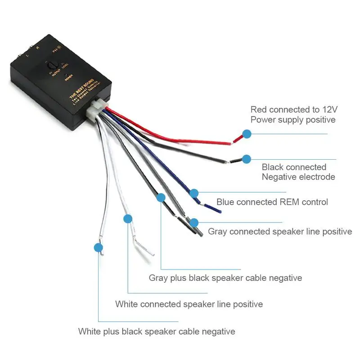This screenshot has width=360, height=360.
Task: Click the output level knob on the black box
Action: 50,66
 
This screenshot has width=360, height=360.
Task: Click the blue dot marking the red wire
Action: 247,134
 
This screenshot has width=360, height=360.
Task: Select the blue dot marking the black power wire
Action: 246,159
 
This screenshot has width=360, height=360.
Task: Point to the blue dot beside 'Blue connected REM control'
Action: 194,193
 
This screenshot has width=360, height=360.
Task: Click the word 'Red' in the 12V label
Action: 259,109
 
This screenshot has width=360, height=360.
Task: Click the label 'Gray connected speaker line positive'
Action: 279,231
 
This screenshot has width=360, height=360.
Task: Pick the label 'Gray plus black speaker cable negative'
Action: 225,278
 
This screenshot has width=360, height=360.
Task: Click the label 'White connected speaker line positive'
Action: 189,304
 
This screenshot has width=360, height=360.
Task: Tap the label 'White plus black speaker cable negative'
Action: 156,332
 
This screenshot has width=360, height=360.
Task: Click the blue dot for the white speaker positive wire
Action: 128,219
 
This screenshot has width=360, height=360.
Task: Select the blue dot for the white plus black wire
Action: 98,247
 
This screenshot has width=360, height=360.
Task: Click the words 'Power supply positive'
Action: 292,120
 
